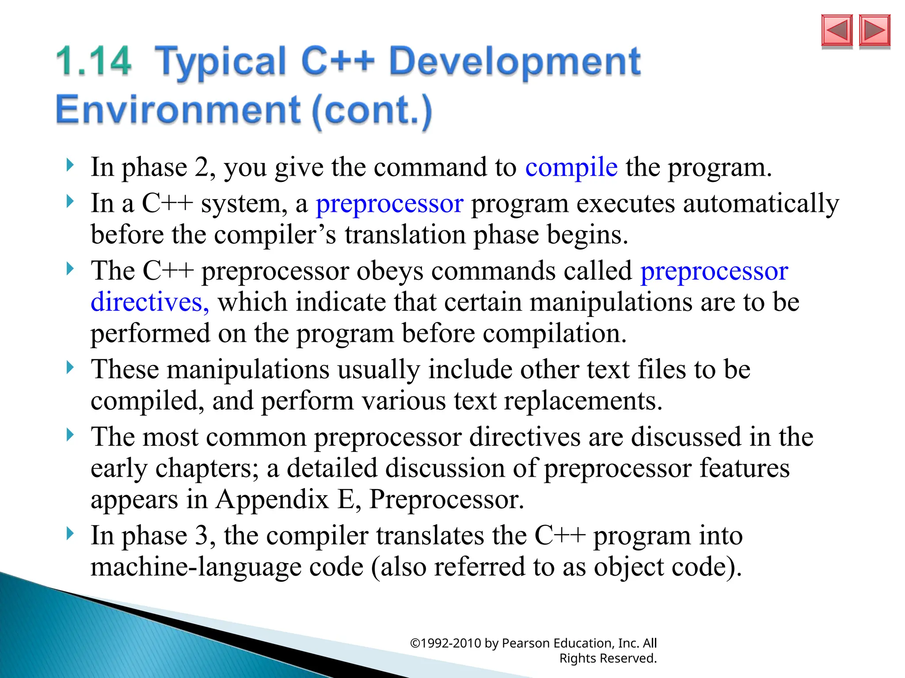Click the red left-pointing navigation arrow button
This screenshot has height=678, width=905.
click(837, 30)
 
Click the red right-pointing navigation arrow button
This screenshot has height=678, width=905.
click(875, 30)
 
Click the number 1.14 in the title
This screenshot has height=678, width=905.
click(94, 61)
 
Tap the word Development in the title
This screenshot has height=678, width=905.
click(514, 61)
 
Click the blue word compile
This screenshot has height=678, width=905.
click(571, 168)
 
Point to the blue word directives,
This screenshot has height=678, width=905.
click(150, 302)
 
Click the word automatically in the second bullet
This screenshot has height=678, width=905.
click(761, 204)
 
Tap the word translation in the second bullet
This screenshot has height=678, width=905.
click(405, 235)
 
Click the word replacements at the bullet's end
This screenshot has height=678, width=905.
click(583, 401)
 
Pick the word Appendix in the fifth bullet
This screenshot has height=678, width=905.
click(272, 500)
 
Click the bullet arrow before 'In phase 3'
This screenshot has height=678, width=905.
click(70, 534)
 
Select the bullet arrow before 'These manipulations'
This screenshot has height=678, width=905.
click(70, 367)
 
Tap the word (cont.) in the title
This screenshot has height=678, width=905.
click(372, 110)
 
